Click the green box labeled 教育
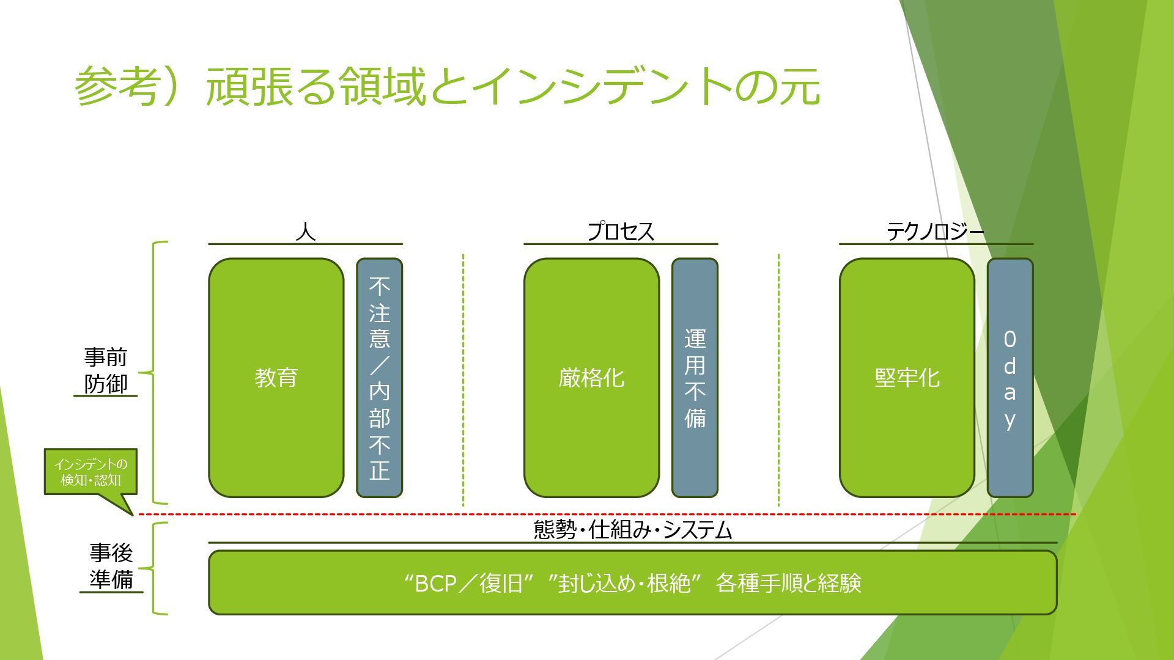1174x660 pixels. click(276, 378)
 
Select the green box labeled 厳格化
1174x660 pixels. click(591, 378)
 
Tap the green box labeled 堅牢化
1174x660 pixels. click(907, 378)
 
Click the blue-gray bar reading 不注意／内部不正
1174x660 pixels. click(379, 378)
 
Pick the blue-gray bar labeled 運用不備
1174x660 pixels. click(695, 378)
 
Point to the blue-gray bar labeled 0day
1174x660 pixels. click(1010, 378)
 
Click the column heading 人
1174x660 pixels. click(305, 232)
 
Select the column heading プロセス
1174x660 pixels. click(621, 232)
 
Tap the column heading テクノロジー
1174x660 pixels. click(936, 232)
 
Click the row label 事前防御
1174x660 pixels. click(106, 370)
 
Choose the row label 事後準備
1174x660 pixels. click(111, 566)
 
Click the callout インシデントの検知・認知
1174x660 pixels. click(90, 472)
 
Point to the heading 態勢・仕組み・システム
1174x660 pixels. click(633, 530)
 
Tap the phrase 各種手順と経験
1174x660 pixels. click(788, 584)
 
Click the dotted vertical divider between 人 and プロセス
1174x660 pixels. click(463, 379)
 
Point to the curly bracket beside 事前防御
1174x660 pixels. click(154, 372)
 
